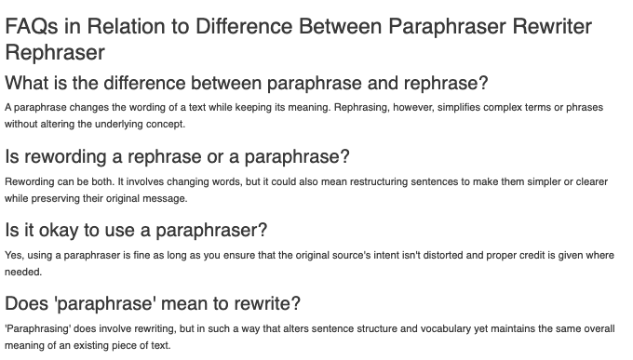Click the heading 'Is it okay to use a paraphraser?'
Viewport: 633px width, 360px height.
pyautogui.click(x=136, y=230)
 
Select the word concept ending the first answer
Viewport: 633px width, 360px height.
pyautogui.click(x=167, y=124)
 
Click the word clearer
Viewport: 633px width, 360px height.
pyautogui.click(x=594, y=182)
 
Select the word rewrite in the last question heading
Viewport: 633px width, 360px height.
pyautogui.click(x=269, y=303)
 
